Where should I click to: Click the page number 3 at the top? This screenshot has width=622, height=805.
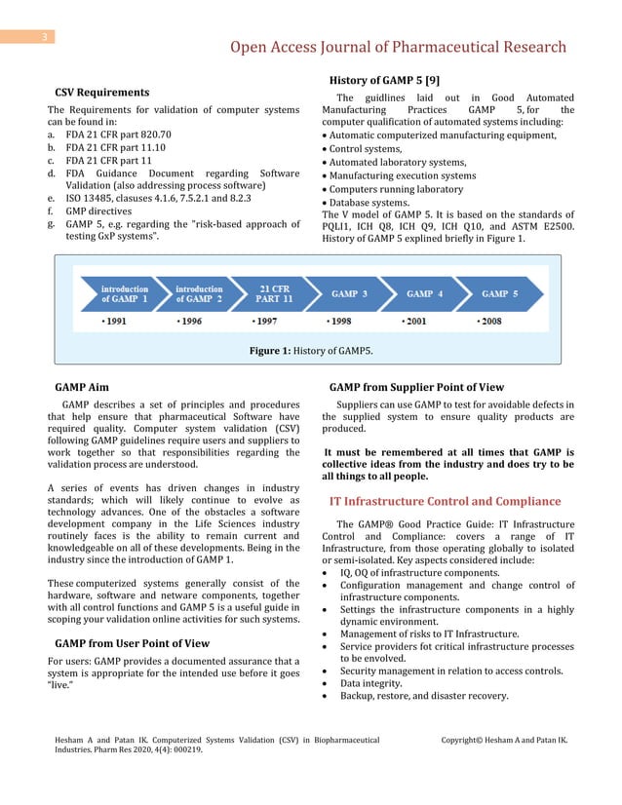[44, 37]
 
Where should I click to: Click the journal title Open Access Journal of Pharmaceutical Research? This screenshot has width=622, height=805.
[398, 47]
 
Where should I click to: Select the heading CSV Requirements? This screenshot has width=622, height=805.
[101, 93]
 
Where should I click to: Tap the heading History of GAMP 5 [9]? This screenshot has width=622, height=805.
[384, 79]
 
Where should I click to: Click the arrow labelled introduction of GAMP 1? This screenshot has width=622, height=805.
[123, 294]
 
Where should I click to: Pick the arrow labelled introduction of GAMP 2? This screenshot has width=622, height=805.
[199, 294]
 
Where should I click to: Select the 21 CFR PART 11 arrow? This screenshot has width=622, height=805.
[275, 294]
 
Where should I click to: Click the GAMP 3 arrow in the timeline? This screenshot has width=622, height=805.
[349, 294]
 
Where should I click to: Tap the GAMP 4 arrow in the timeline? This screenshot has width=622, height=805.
[424, 294]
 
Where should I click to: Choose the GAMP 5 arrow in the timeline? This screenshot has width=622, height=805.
[499, 294]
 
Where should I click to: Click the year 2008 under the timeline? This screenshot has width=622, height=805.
[490, 320]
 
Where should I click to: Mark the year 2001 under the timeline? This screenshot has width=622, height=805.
[413, 320]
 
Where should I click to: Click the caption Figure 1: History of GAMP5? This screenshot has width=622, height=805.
[311, 349]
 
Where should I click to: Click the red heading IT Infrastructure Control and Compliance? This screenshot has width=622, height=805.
[445, 501]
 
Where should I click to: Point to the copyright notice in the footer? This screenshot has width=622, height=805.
[504, 741]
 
